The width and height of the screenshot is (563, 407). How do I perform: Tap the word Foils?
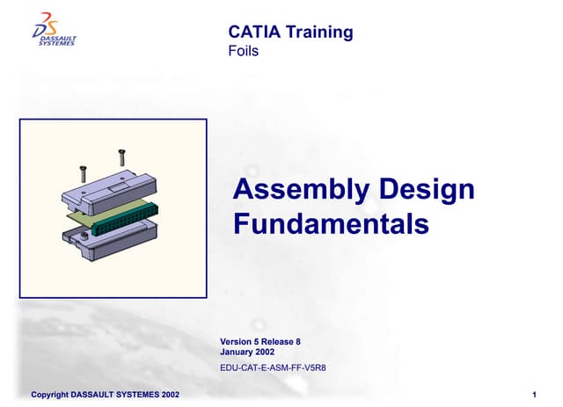[243, 51]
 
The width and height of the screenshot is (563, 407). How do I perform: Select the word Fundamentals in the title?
[331, 224]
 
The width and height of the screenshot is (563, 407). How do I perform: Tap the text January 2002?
[246, 352]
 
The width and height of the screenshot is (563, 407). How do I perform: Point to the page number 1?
[535, 395]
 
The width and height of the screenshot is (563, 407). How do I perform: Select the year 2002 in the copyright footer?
[168, 395]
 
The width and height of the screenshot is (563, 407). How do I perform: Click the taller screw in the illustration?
[121, 158]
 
